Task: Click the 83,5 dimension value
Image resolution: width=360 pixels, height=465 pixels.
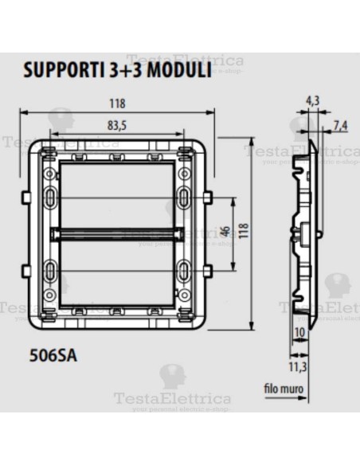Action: click(119, 123)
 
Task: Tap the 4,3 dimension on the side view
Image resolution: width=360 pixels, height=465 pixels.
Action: click(312, 101)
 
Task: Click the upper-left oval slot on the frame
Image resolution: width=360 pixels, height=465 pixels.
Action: click(52, 197)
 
